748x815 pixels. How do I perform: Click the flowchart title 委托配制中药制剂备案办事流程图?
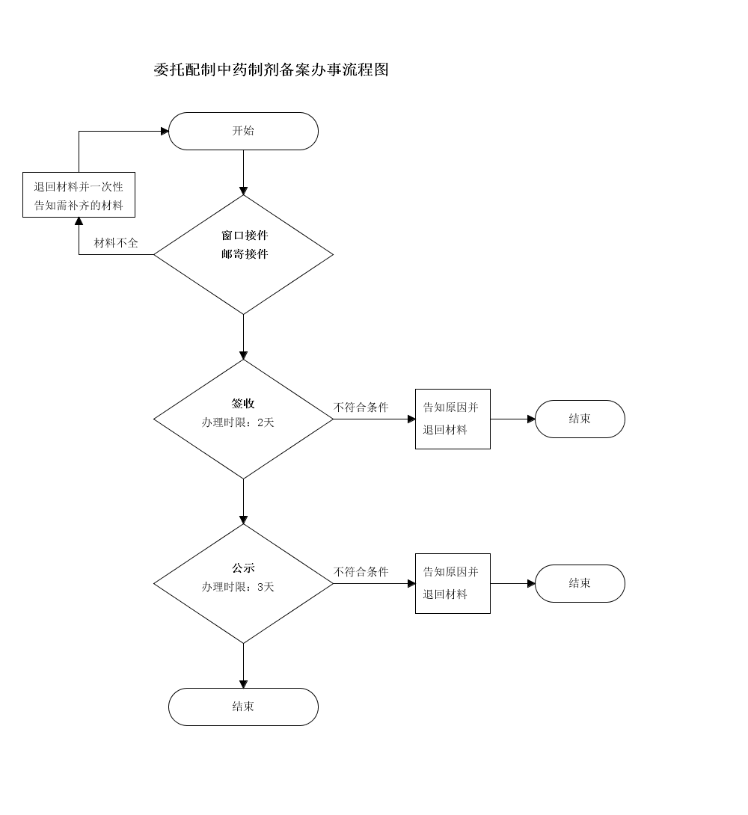pos(271,70)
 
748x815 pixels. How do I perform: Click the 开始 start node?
pos(243,131)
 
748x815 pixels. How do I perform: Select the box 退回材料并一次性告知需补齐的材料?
pos(79,195)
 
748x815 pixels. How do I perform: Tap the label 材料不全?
pos(116,243)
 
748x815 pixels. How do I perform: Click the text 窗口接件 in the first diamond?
pos(244,236)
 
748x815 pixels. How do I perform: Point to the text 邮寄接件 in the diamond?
pos(244,254)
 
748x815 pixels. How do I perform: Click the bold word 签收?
pos(243,404)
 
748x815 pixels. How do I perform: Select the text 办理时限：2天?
pos(238,422)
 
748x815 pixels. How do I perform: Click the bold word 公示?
pos(243,568)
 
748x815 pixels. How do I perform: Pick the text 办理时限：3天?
pos(238,587)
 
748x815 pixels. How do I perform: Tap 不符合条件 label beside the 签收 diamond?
pos(361,407)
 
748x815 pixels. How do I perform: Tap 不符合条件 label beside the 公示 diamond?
pos(361,572)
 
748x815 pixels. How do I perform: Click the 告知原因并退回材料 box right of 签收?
pos(453,419)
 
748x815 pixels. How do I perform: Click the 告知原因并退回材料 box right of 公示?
pos(453,583)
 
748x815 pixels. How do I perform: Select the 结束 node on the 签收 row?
pos(580,419)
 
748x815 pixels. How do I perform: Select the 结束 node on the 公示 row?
pos(580,583)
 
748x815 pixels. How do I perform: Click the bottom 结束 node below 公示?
pos(243,707)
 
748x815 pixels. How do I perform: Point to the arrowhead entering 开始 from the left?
pos(165,131)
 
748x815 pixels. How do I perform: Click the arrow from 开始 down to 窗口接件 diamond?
pos(243,172)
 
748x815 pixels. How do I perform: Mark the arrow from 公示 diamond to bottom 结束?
pos(243,665)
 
